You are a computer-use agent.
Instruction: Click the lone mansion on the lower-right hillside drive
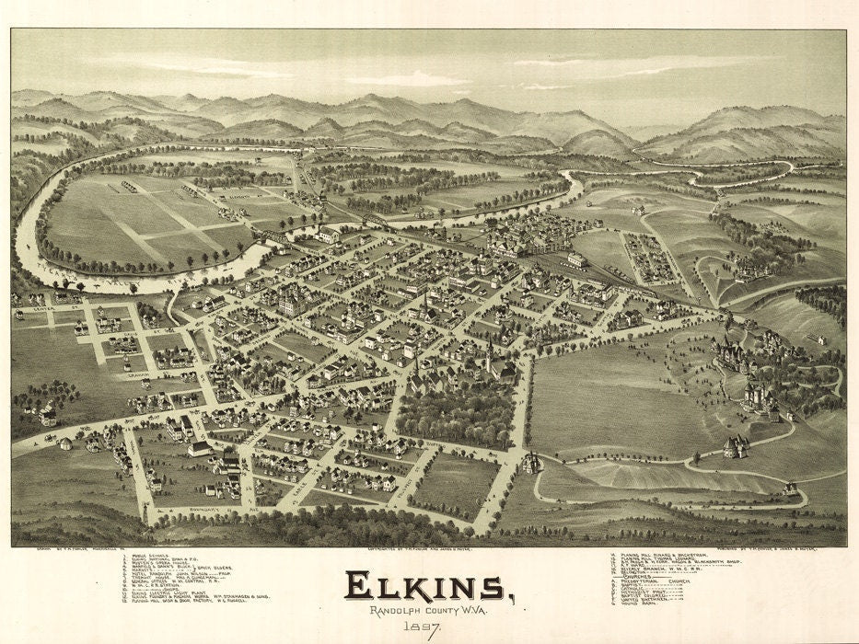click(x=736, y=446)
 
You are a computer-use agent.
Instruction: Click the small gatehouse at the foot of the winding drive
click(x=531, y=463)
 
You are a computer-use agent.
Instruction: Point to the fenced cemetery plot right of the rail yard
click(x=650, y=258)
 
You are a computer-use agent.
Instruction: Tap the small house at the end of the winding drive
click(x=790, y=488)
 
